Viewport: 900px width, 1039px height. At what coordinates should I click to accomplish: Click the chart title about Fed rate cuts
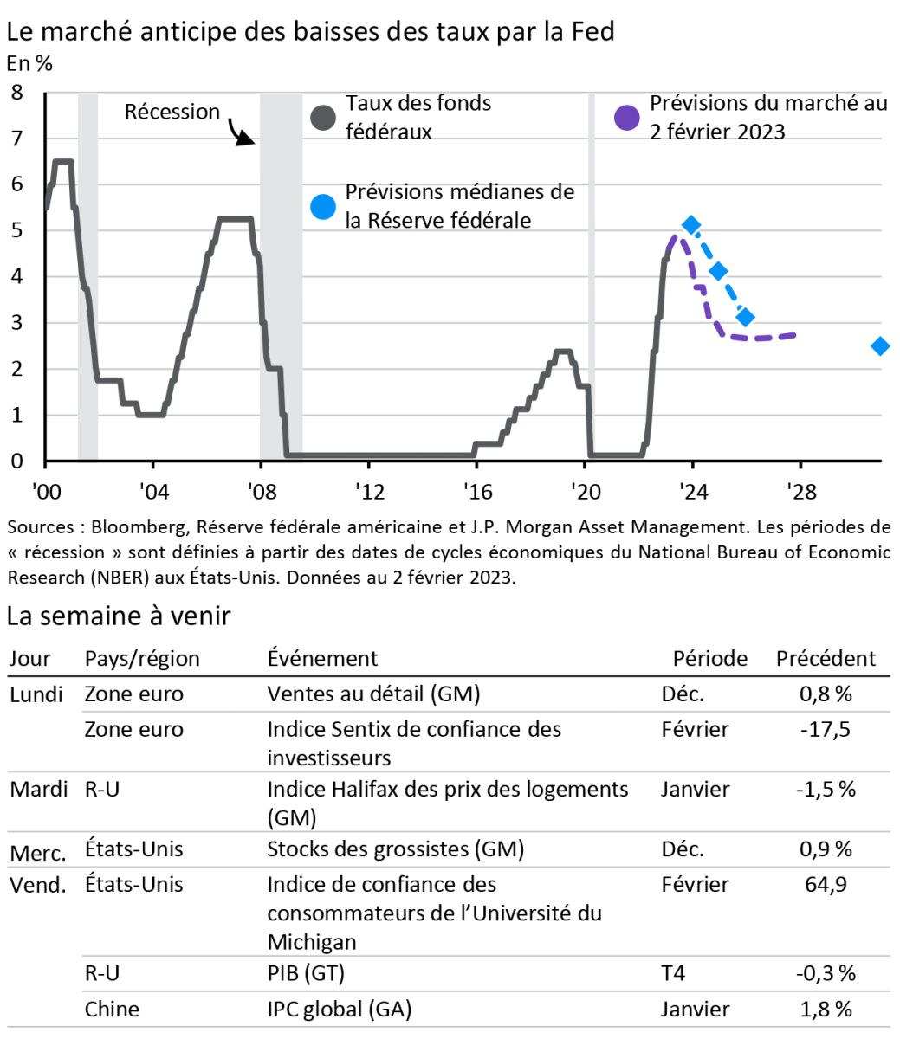(310, 32)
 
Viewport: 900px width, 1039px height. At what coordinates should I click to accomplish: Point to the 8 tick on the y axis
(17, 92)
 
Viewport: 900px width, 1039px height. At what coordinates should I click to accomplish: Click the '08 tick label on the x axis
(260, 492)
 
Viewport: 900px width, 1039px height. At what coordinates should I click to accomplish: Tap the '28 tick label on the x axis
(800, 492)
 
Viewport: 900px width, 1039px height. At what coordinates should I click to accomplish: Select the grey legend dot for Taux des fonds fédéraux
(323, 118)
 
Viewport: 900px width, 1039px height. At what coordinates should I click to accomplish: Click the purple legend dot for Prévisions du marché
(627, 118)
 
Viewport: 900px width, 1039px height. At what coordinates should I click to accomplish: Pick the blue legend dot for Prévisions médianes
(323, 207)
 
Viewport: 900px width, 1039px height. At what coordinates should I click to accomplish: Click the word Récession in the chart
(172, 112)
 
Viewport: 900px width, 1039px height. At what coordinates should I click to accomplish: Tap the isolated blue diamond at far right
(880, 345)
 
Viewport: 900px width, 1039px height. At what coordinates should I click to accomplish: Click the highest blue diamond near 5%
(690, 225)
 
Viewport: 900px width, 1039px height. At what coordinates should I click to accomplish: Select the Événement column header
(322, 658)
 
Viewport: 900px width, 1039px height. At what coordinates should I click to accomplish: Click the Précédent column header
(826, 658)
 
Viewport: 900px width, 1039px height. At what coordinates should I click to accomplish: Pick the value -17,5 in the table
(826, 729)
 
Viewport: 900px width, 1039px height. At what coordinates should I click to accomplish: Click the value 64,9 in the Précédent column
(826, 884)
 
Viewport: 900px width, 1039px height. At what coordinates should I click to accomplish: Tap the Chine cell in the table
(112, 1009)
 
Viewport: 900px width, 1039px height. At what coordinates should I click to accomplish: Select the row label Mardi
(38, 789)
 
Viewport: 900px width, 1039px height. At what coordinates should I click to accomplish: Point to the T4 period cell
(673, 973)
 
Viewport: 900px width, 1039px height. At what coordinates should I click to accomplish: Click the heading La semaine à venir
(118, 616)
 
